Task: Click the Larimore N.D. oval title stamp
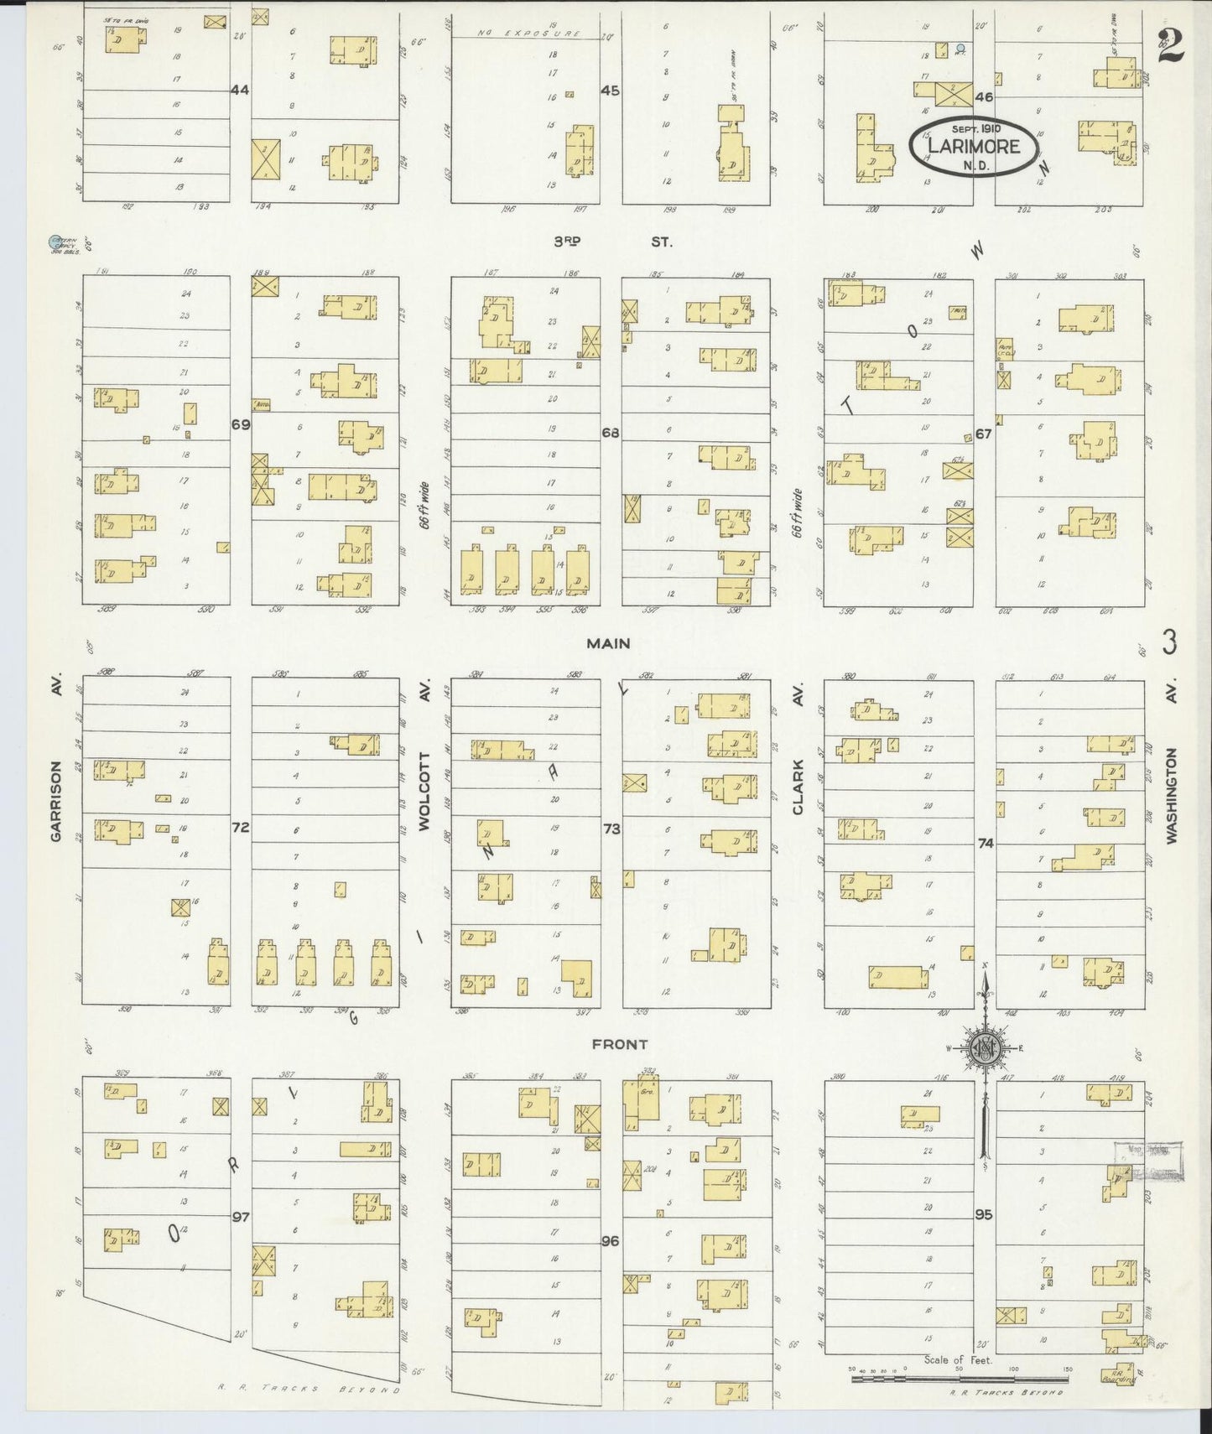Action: (x=973, y=146)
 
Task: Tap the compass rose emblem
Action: (x=984, y=1047)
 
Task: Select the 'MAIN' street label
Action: (x=608, y=643)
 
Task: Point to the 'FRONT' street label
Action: (x=619, y=1044)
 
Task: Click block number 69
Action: (x=241, y=424)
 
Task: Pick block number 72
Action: (x=241, y=827)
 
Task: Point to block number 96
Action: (x=610, y=1240)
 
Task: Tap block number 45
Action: (x=610, y=90)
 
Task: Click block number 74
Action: (x=985, y=843)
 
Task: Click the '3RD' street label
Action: (x=567, y=242)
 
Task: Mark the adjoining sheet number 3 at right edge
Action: (x=1170, y=643)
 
